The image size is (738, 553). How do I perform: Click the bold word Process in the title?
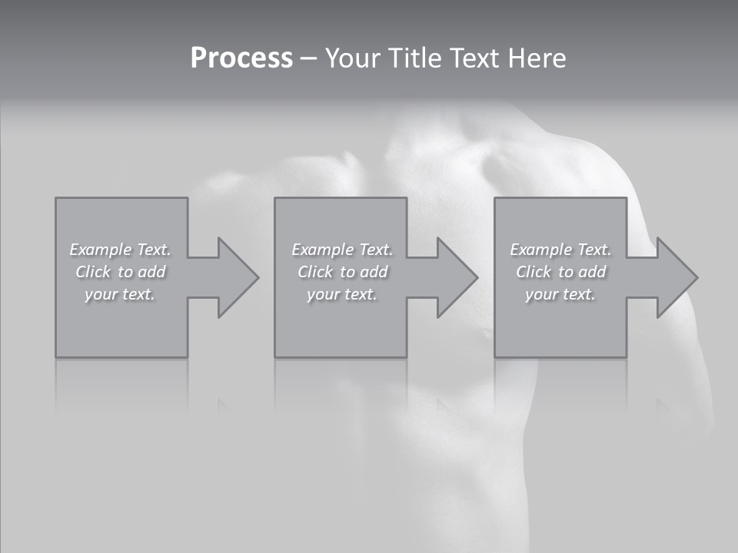tap(241, 58)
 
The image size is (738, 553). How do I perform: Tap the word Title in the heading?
tap(417, 58)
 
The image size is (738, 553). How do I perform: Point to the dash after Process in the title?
tap(308, 58)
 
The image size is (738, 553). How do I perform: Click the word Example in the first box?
tap(101, 250)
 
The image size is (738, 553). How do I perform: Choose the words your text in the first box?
tap(120, 294)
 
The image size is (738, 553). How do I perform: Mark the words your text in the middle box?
tap(342, 294)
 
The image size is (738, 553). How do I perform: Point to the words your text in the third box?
tap(560, 294)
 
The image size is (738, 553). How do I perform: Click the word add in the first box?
tap(152, 272)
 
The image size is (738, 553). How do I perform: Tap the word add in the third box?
tap(593, 272)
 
